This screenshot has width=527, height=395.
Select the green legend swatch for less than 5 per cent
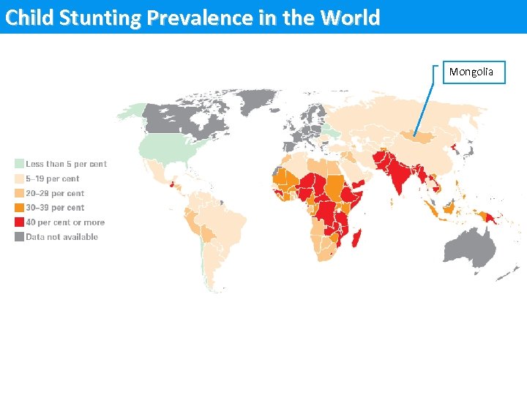20,164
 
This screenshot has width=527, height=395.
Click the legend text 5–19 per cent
53,178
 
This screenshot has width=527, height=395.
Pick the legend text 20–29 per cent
55,193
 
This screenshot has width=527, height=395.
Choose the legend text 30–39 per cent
55,208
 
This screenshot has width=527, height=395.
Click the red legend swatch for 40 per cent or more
20,222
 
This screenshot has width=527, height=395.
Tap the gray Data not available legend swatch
20,237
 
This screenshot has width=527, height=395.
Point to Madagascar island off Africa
358,238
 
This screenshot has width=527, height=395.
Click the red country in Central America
173,184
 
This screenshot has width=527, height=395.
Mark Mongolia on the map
415,137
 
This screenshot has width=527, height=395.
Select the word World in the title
351,18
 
